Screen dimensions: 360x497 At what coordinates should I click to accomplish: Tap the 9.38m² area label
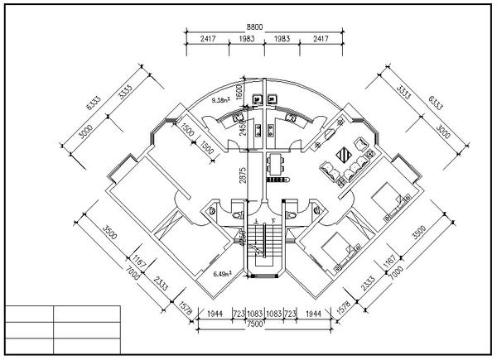pyautogui.click(x=221, y=100)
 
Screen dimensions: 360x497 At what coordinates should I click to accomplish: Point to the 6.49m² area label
pyautogui.click(x=221, y=273)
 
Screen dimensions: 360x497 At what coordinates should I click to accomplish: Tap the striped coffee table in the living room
pyautogui.click(x=345, y=155)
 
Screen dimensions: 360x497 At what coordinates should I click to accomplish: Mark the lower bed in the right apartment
pyautogui.click(x=340, y=250)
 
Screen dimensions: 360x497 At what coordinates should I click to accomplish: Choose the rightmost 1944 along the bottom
pyautogui.click(x=315, y=315)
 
